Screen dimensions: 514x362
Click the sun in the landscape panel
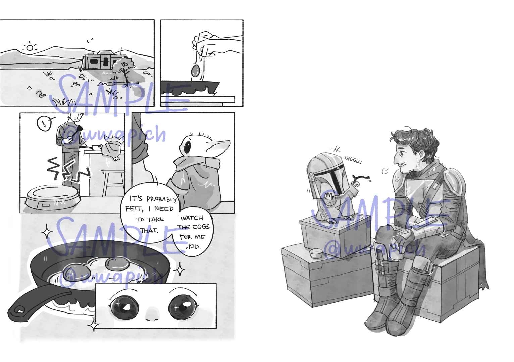coord(30,48)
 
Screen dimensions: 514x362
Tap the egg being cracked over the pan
coord(195,71)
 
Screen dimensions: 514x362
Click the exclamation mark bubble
coord(44,124)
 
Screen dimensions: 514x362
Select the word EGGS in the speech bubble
coord(201,227)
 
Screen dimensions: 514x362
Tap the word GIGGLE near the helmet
coord(353,160)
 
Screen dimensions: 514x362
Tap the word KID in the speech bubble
coord(194,247)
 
